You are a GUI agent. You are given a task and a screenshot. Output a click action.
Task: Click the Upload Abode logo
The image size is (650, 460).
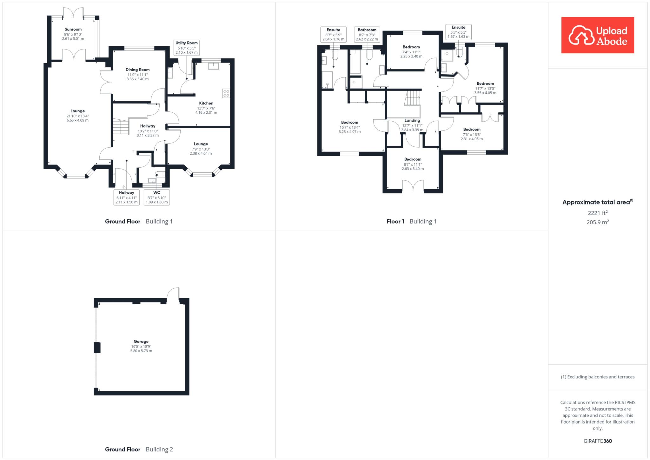pos(598,35)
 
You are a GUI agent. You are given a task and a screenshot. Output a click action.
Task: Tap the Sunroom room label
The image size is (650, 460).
pos(73,29)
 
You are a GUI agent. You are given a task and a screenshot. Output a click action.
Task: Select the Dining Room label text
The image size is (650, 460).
pos(137,70)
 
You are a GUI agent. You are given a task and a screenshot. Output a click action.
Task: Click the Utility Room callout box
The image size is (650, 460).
pos(187,48)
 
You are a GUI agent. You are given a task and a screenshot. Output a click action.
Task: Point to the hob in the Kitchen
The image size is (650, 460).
pos(226,93)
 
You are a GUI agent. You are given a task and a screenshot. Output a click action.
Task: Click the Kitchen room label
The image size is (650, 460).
pos(206,103)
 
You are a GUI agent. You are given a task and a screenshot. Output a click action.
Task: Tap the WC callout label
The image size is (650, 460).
pos(157,197)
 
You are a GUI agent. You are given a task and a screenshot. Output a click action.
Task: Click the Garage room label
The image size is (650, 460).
pos(141,342)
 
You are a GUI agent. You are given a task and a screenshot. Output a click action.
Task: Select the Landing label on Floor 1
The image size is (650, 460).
pos(412,120)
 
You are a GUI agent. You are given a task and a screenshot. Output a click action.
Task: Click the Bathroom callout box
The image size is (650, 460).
pos(367,34)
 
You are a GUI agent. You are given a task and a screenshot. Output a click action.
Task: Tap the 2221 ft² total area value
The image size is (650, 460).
pos(598,213)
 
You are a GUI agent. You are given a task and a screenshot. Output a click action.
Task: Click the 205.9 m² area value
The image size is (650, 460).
pos(598,222)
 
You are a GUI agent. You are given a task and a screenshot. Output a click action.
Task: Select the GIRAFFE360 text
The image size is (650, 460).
pos(598,441)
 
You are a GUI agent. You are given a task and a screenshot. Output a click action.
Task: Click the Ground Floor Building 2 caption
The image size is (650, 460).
pos(139,449)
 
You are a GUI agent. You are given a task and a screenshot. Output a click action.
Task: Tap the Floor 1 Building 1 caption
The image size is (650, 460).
pos(411,221)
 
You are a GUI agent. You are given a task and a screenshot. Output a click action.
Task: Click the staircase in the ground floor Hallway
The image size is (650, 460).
pos(120,126)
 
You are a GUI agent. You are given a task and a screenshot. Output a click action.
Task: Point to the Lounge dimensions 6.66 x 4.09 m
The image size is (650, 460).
pos(77,120)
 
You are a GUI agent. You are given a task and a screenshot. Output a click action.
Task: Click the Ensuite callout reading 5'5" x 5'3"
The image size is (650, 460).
pos(458,32)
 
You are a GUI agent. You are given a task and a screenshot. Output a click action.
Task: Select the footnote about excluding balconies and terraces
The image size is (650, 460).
pos(598,377)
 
